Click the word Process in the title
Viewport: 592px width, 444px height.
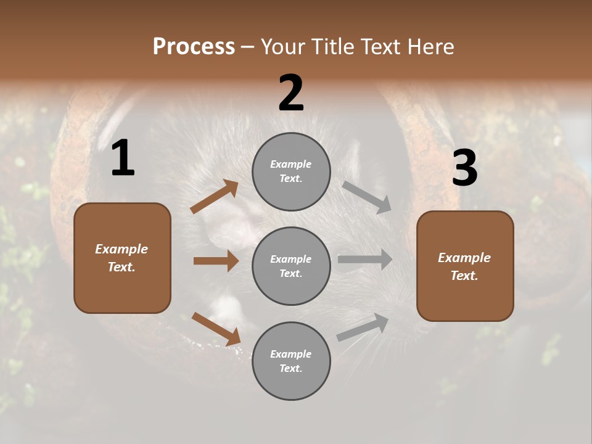tap(194, 46)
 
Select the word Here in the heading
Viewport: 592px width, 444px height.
tap(430, 46)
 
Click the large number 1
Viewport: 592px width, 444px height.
tap(123, 158)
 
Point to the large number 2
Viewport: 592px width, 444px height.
tap(291, 93)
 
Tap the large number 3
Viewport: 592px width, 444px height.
tap(464, 168)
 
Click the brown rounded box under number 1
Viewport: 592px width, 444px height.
tap(122, 258)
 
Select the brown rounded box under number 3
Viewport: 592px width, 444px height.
tap(465, 266)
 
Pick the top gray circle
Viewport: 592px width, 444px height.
tap(291, 171)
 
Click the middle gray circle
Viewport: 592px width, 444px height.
tap(291, 266)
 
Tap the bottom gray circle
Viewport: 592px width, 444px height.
tap(291, 361)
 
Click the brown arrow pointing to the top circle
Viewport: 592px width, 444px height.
tap(215, 197)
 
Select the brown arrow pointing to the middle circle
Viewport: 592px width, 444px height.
tap(216, 261)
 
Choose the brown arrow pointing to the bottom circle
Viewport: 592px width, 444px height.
tap(216, 329)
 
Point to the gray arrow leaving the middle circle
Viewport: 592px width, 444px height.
tap(364, 260)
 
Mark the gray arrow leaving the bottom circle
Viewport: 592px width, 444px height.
tap(363, 327)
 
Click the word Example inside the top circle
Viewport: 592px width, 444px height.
tap(291, 165)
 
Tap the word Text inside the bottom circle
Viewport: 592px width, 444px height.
tap(290, 368)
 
